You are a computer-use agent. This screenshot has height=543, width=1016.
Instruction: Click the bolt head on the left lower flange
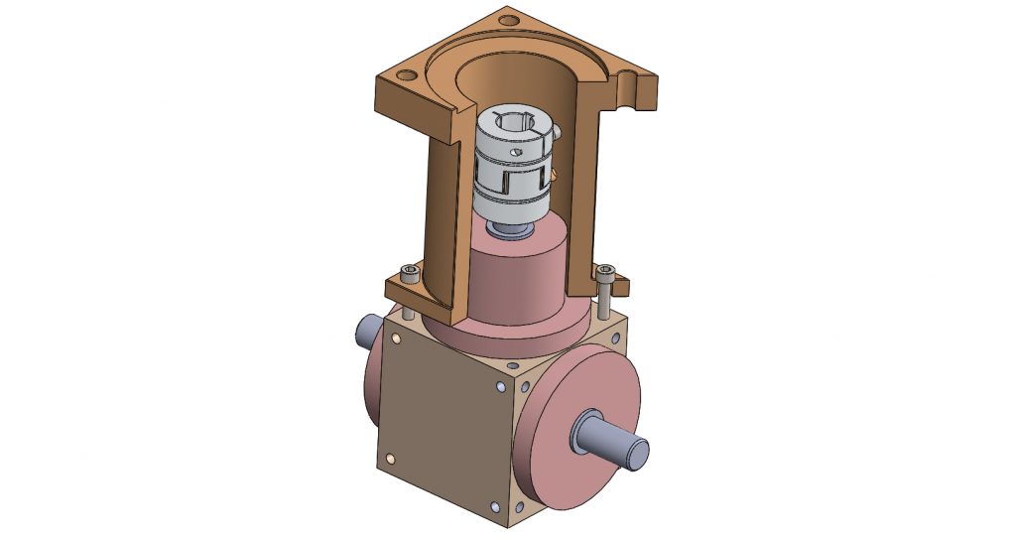(405, 270)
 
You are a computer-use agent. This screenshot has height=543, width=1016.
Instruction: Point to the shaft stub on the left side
(366, 330)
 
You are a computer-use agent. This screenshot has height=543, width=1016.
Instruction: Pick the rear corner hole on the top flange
(509, 18)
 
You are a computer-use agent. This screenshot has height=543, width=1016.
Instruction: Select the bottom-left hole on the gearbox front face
(390, 458)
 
